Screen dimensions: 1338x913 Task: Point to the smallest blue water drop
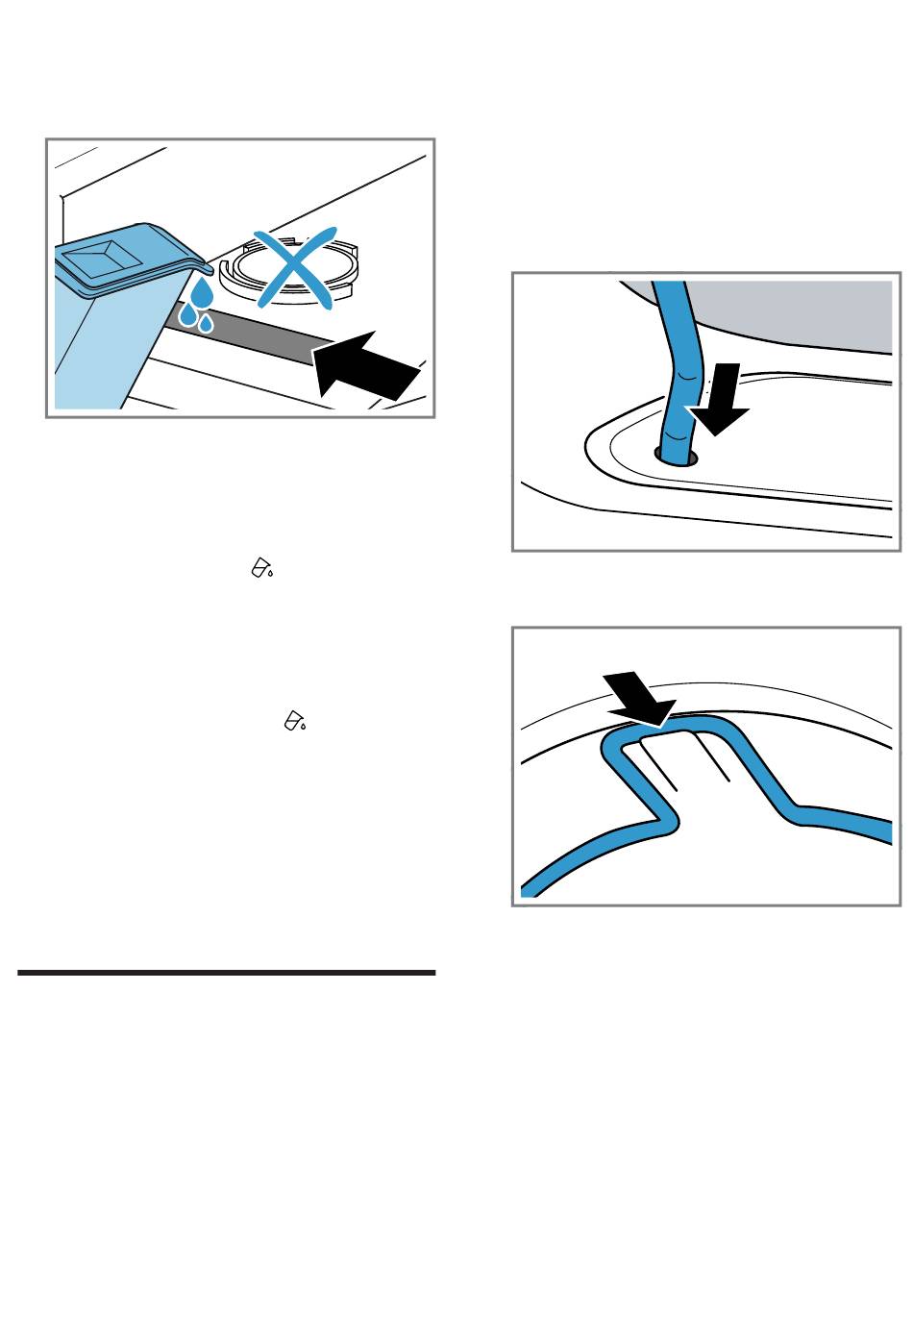coord(207,324)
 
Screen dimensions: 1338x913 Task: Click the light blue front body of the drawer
coord(91,347)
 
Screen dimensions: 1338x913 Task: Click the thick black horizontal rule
coord(227,973)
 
